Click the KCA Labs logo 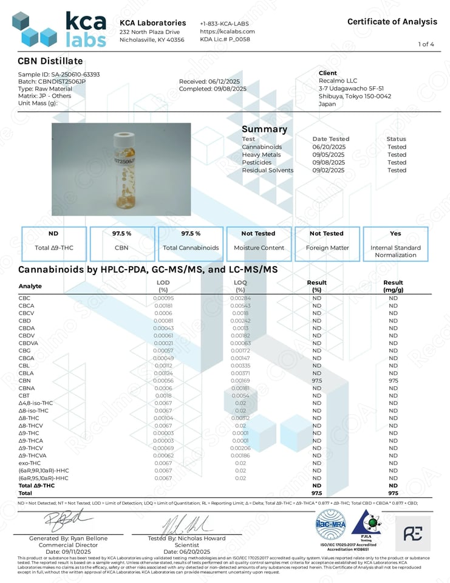[x=59, y=29]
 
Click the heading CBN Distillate [x=50, y=61]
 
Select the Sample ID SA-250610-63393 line [x=59, y=74]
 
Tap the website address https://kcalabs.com [x=227, y=31]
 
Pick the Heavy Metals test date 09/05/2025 [x=328, y=155]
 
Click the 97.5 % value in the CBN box [x=122, y=233]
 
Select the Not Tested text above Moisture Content [x=258, y=233]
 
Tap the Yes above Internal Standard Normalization [x=395, y=233]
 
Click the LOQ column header [x=240, y=282]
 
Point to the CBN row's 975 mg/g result [x=394, y=380]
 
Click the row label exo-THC [x=30, y=463]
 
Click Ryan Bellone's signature [x=68, y=520]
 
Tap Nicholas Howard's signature [x=186, y=523]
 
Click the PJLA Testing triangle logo [x=366, y=523]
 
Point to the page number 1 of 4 [x=426, y=44]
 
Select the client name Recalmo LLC [x=338, y=81]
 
